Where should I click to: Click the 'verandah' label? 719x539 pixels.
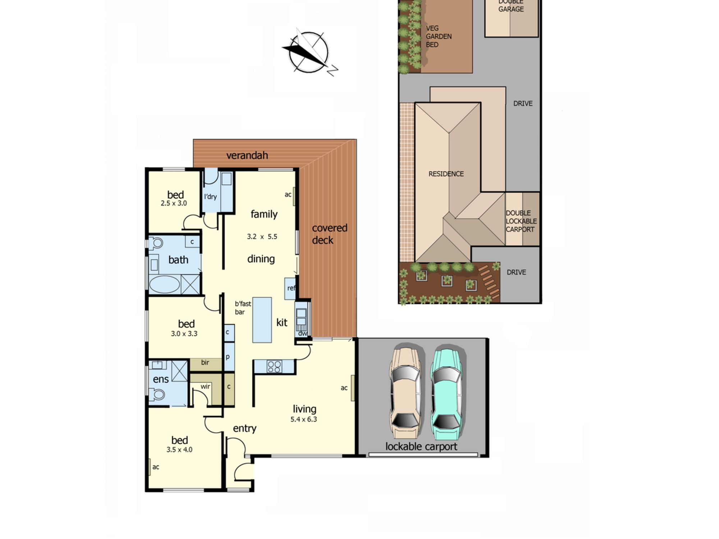click(247, 155)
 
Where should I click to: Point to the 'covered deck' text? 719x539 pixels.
click(329, 234)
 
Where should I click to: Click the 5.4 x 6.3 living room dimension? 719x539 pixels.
click(304, 419)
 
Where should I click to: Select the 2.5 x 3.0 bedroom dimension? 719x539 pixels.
click(174, 203)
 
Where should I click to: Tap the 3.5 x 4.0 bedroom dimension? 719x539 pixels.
click(179, 450)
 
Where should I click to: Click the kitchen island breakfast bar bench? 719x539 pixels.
click(262, 320)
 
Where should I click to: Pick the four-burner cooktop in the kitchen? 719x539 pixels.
click(274, 367)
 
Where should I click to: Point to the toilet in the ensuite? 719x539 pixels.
click(157, 395)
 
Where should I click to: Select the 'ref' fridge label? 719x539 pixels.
click(291, 288)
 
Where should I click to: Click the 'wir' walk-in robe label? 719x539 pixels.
click(205, 387)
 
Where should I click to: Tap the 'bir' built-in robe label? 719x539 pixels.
click(205, 363)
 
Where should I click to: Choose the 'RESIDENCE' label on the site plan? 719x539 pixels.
click(446, 174)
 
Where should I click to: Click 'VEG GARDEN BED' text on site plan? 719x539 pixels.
click(439, 36)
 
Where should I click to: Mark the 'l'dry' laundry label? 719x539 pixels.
click(210, 197)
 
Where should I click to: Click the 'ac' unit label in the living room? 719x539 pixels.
click(344, 388)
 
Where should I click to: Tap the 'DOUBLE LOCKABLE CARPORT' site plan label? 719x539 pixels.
click(521, 221)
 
